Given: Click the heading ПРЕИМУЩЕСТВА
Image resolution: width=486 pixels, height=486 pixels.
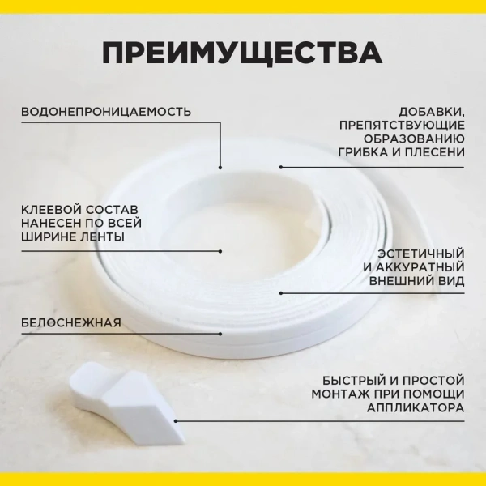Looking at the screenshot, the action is coord(242,53).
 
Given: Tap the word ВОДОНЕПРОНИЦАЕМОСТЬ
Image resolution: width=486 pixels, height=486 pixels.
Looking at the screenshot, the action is coord(106,112).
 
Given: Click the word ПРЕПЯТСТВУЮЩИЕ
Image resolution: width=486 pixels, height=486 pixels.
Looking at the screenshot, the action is coord(402,126).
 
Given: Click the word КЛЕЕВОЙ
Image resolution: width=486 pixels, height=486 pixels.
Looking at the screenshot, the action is coord(51,209).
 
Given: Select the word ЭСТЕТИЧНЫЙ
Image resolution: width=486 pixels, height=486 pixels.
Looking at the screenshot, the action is coord(421,254).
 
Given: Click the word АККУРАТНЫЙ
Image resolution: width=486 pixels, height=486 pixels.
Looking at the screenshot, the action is coord(420,267).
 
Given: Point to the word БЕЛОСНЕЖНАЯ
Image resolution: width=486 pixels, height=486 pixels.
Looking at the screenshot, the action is coord(71,322).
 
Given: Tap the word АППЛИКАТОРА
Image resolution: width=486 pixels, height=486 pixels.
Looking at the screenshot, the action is coord(416,408).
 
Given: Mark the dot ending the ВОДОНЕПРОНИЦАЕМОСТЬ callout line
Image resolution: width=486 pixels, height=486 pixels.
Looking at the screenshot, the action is coord(220,168).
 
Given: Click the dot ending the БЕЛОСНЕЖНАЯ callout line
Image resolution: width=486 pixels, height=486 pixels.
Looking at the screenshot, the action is coord(220,334).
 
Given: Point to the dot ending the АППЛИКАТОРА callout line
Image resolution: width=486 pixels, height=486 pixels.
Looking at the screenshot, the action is coord(176,421).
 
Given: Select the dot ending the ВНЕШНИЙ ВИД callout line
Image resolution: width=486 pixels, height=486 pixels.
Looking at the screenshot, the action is coord(281,293).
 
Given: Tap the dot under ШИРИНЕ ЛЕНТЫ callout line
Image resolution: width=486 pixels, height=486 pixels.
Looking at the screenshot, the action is coord(220,251).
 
